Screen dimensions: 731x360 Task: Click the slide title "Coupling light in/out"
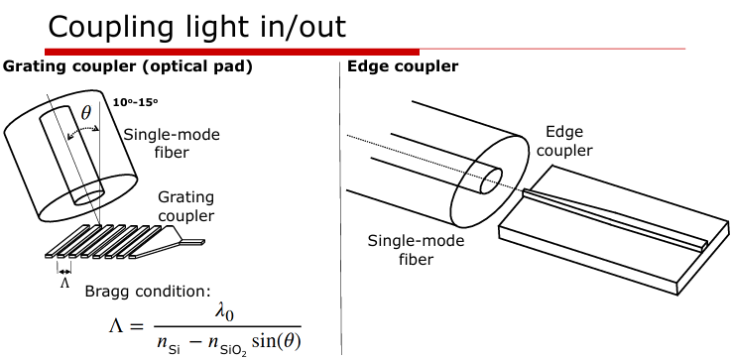[x=197, y=27]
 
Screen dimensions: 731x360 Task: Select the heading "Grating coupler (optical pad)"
[x=127, y=66]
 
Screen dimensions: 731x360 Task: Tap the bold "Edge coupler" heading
[x=403, y=66]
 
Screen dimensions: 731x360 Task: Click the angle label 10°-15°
[x=136, y=102]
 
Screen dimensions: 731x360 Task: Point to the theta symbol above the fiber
[x=86, y=112]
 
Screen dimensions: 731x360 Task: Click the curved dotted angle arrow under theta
[x=83, y=128]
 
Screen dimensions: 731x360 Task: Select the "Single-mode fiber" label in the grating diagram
[x=172, y=143]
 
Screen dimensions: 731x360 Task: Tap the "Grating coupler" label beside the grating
[x=186, y=206]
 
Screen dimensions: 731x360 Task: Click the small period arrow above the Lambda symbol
[x=64, y=272]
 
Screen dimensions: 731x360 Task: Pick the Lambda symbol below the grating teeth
[x=64, y=283]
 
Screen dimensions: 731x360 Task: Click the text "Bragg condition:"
[x=148, y=292]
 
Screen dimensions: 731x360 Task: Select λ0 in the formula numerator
[x=224, y=313]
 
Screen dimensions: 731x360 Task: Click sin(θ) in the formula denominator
[x=276, y=342]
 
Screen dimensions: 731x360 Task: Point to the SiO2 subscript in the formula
[x=235, y=350]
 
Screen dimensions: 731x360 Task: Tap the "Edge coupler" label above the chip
[x=564, y=141]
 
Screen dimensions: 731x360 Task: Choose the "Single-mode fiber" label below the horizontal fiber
[x=416, y=250]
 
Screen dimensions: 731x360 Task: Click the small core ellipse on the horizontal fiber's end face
[x=491, y=180]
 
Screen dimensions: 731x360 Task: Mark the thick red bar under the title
[x=232, y=52]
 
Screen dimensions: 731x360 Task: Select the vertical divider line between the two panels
[x=341, y=208]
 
